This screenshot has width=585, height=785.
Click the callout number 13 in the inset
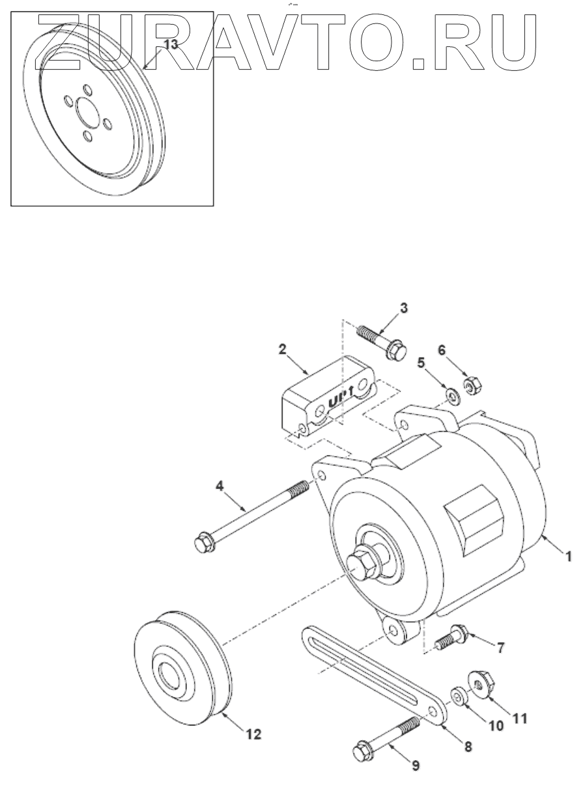click(x=170, y=45)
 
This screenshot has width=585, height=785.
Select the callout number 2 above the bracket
click(x=282, y=349)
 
